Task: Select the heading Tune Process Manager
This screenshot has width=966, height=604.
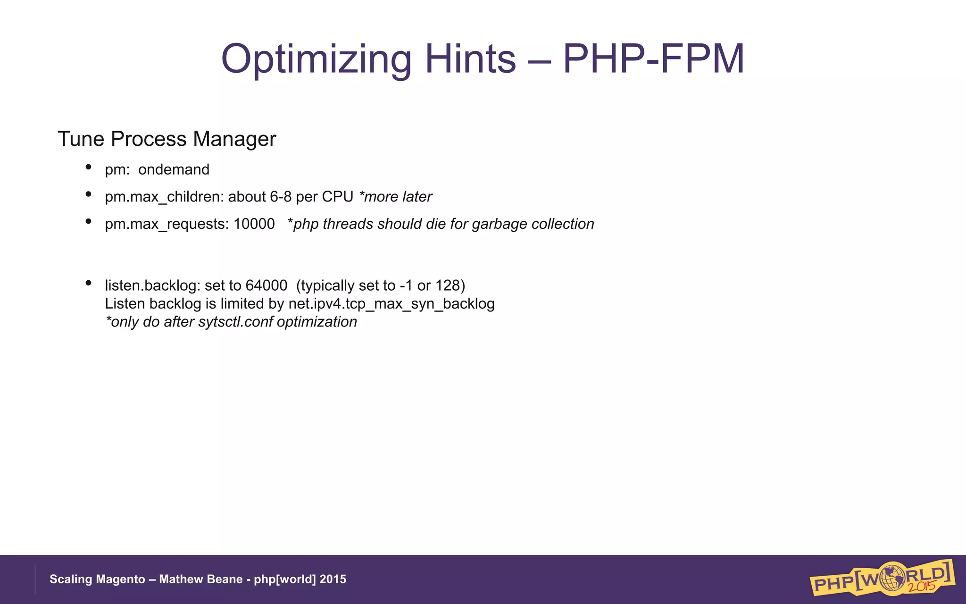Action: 167,139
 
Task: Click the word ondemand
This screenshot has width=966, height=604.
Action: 174,169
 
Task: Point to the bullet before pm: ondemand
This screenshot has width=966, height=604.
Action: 88,167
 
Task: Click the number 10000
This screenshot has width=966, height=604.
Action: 254,224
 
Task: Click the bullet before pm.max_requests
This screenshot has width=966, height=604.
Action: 88,221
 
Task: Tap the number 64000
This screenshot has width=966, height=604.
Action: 266,285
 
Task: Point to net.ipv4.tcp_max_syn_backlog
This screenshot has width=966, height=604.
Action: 391,304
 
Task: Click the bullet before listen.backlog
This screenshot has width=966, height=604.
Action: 88,283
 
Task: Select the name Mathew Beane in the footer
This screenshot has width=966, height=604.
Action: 200,579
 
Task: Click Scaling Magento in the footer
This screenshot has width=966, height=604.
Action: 97,579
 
